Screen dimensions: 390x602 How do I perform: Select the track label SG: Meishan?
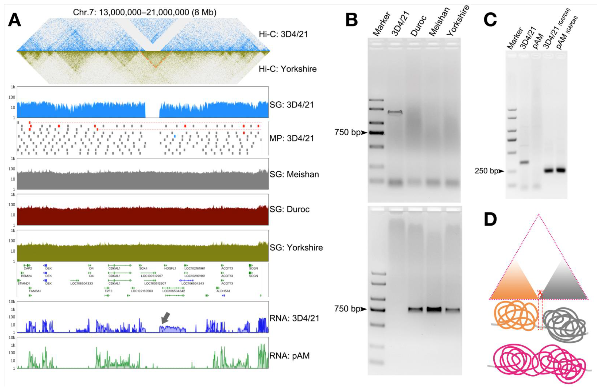pos(294,174)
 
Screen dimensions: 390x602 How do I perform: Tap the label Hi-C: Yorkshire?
pos(288,69)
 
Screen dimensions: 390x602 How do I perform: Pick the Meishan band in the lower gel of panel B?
pos(434,309)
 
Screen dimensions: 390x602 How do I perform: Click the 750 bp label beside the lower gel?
pos(347,309)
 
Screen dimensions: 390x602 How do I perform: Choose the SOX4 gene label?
pos(143,268)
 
